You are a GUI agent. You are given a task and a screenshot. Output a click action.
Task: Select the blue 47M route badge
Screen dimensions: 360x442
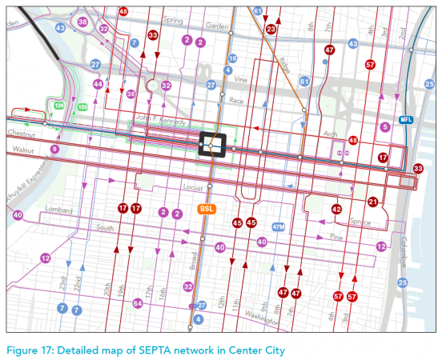click(278, 226)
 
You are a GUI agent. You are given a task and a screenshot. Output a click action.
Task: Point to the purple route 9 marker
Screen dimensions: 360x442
click(55, 150)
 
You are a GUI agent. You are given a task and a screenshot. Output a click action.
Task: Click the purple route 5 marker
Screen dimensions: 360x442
click(385, 126)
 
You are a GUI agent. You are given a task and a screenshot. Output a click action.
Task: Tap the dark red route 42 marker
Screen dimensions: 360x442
click(336, 209)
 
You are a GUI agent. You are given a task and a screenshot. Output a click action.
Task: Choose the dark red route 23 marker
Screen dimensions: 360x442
click(271, 29)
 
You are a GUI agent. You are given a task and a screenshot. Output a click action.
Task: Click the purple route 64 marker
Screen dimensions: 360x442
click(138, 303)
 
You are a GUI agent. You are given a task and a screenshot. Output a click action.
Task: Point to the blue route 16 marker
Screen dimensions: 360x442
click(232, 58)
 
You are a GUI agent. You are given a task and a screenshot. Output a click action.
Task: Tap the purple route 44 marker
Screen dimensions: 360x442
click(98, 84)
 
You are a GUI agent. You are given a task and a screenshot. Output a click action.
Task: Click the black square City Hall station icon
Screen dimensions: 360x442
click(213, 144)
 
